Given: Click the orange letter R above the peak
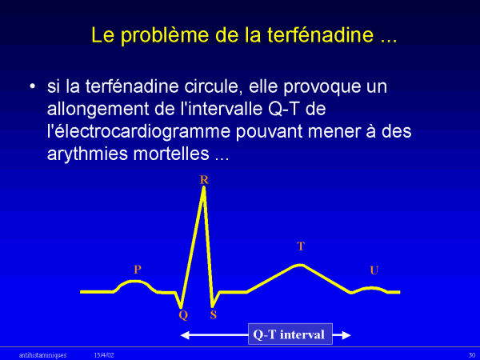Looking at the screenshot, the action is point(204,180).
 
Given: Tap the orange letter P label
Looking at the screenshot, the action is point(138,270).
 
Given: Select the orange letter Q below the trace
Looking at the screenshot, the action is point(183,315).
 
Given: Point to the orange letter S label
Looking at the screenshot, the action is point(214,314).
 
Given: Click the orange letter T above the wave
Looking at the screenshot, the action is point(301,246).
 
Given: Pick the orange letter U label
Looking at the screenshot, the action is point(374,270).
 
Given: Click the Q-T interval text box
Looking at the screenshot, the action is point(290,334).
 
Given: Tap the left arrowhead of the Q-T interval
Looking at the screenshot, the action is point(185,335).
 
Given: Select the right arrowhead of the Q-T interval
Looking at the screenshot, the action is point(346,335).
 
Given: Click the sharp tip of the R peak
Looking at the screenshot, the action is point(204,187).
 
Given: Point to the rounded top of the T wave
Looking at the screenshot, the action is point(300,265).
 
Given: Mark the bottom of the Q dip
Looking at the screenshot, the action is point(181,307).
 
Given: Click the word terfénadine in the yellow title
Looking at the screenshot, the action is point(321,34).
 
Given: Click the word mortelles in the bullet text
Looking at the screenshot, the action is point(171,154).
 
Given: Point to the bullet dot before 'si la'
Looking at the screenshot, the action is point(32,86).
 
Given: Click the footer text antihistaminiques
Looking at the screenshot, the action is point(42,355).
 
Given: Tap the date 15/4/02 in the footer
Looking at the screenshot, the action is point(104,355).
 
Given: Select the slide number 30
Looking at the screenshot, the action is point(472,355).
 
